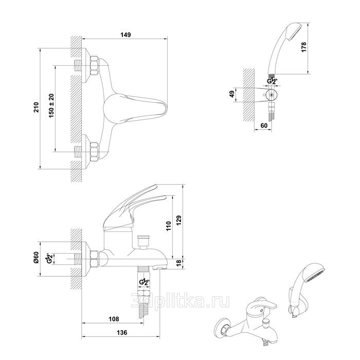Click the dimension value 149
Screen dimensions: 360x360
[125, 34]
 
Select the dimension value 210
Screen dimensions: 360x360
[36, 107]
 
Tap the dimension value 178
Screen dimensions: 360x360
[304, 47]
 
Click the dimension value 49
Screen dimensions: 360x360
[232, 94]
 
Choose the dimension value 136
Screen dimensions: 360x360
[121, 333]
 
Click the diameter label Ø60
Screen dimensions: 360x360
[37, 258]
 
